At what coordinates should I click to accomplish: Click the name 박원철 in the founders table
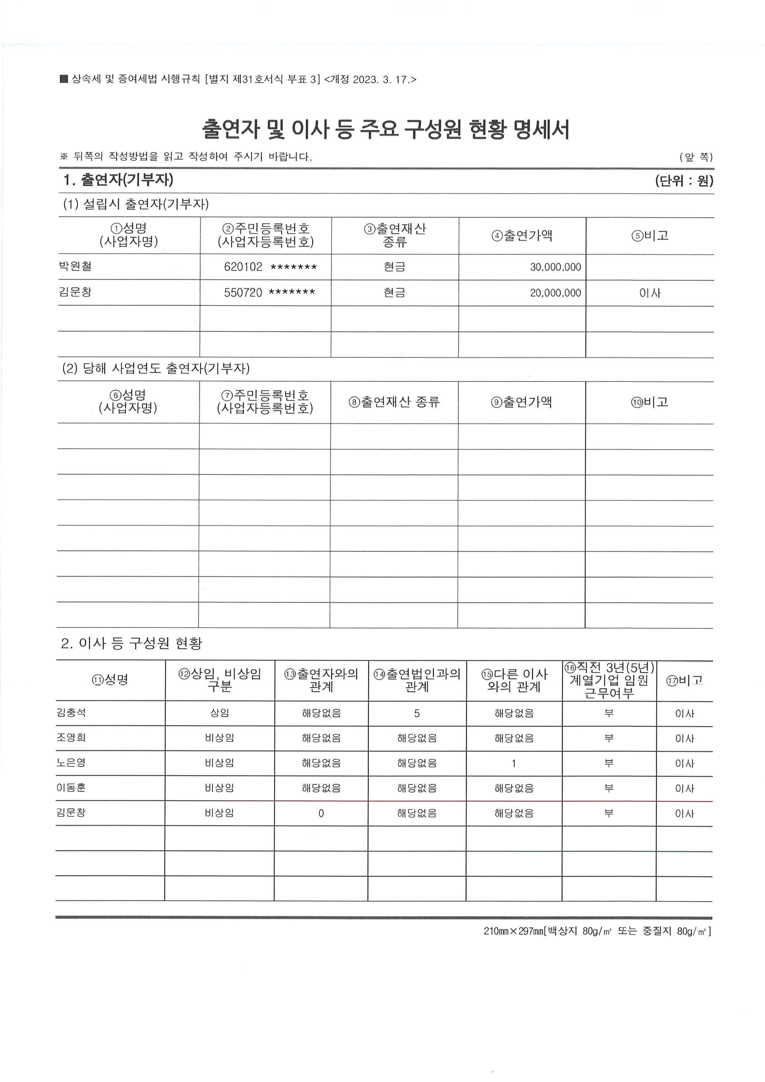point(75,266)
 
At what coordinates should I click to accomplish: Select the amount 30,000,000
point(555,267)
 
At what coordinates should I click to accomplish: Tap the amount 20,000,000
point(555,293)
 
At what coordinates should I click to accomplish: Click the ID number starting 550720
point(269,293)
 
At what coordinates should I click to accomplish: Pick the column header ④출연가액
point(522,236)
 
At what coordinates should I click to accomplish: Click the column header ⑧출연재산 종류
point(394,402)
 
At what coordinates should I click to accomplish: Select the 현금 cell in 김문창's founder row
point(394,293)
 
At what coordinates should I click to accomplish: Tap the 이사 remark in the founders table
point(650,293)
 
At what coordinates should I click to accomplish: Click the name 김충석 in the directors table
point(71,712)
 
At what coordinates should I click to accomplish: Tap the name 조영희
point(71,737)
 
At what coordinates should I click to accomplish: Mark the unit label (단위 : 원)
point(684,181)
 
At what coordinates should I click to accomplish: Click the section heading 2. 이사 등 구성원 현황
point(132,643)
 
